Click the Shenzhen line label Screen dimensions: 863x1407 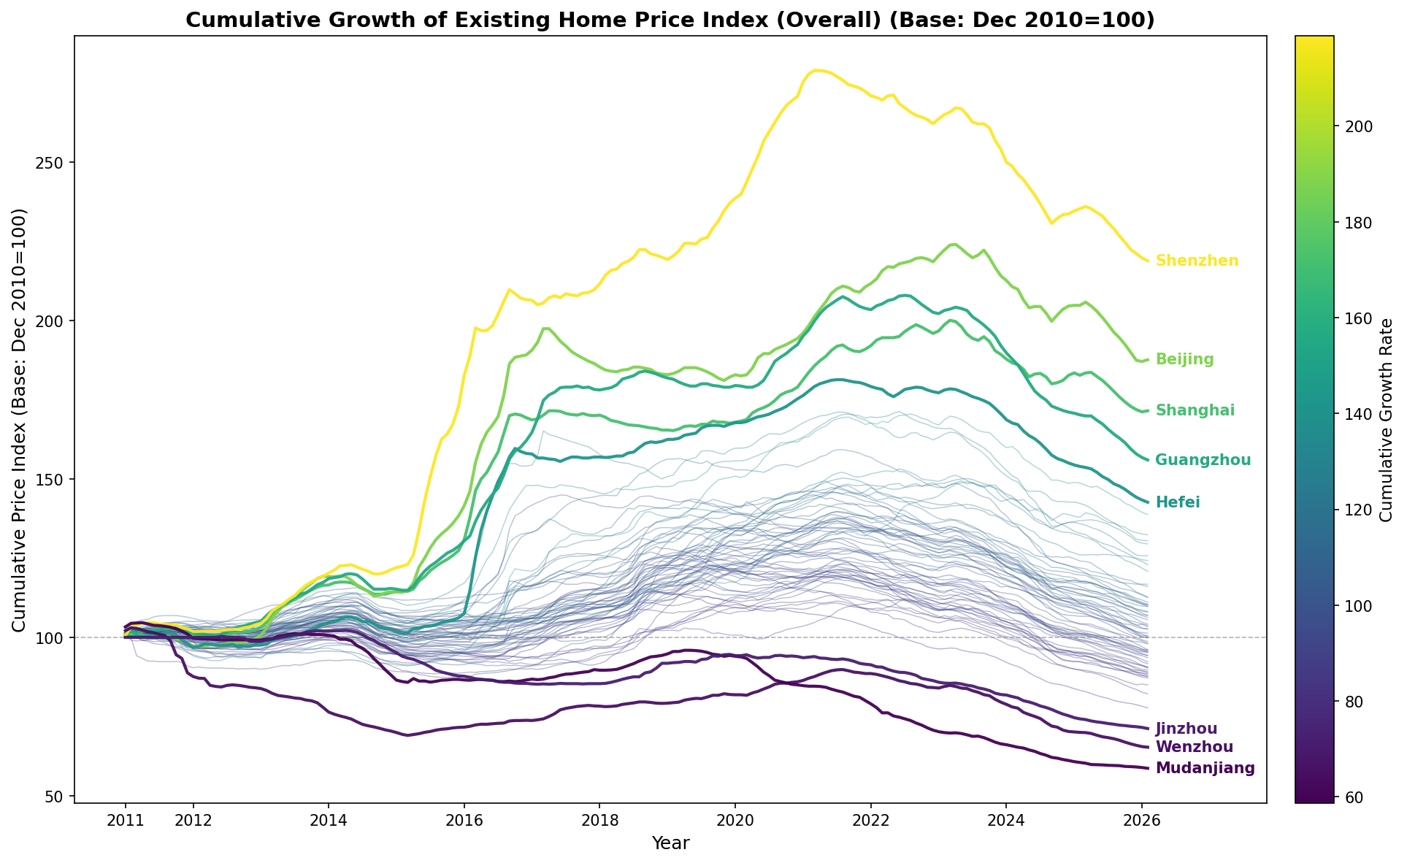tap(1197, 261)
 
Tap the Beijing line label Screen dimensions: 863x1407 tap(1184, 360)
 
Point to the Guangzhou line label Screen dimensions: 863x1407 tap(1203, 461)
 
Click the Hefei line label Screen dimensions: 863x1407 tap(1178, 503)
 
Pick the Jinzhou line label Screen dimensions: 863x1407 tap(1186, 729)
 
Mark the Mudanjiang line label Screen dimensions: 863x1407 tap(1205, 769)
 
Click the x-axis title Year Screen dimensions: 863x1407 tap(670, 844)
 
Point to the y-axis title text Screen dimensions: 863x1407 tap(20, 420)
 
